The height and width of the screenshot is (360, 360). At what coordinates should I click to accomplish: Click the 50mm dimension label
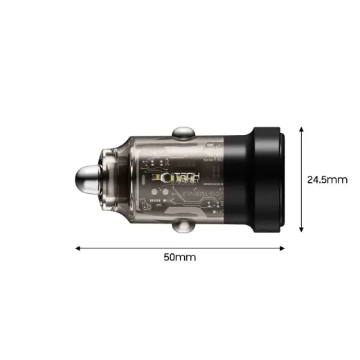pyautogui.click(x=179, y=257)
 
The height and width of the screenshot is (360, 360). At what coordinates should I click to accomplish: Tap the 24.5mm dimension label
pyautogui.click(x=327, y=179)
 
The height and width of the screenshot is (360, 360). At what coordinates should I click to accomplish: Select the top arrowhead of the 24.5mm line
pyautogui.click(x=301, y=129)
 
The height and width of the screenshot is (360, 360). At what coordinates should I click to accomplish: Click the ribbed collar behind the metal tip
pyautogui.click(x=111, y=179)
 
